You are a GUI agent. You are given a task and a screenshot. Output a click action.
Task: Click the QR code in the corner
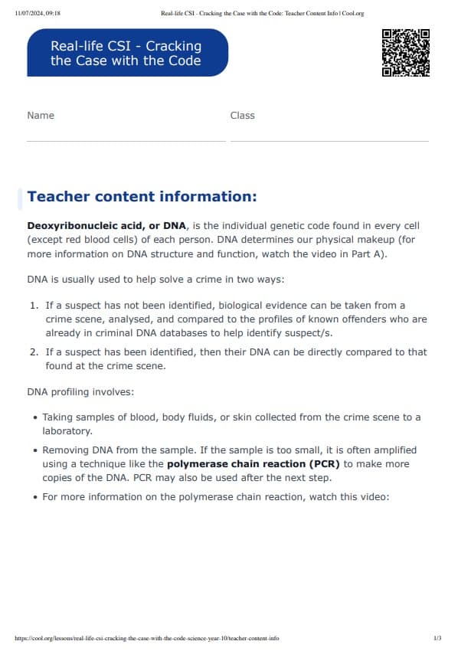[x=405, y=53]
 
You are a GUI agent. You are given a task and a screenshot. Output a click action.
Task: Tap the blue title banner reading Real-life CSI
[x=126, y=53]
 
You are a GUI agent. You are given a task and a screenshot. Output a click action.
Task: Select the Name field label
[x=41, y=116]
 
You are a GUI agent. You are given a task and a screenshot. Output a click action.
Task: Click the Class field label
[x=242, y=116]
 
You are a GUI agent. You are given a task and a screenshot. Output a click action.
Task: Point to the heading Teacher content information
[x=142, y=197]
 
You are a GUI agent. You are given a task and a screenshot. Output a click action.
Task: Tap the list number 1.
[x=34, y=306]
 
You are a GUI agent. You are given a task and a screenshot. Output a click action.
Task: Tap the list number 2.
[x=34, y=352]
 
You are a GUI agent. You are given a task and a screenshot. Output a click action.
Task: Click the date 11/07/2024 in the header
[x=26, y=13]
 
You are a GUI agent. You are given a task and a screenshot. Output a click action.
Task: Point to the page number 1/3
[x=437, y=638]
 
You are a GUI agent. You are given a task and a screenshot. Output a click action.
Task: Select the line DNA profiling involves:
[x=80, y=392]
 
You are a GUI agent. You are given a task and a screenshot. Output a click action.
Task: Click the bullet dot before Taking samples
[x=35, y=418]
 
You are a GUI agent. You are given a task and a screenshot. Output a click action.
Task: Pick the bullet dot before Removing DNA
[x=35, y=451]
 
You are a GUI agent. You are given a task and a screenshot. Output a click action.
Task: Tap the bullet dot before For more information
[x=35, y=497]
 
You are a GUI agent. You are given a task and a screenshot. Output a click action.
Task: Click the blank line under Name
[x=126, y=141]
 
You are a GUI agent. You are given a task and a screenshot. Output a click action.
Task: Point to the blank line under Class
[x=329, y=141]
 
